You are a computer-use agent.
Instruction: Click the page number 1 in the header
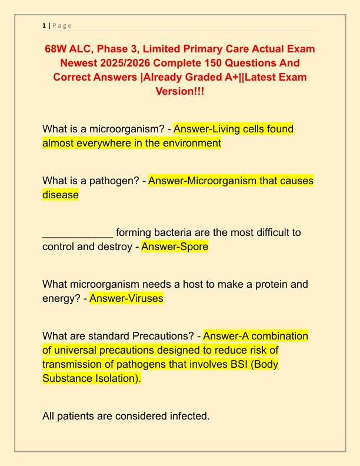click(x=44, y=25)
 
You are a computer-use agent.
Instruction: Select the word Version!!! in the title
click(x=180, y=92)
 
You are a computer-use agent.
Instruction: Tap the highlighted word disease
click(x=61, y=195)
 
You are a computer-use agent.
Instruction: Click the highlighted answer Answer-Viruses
click(x=126, y=298)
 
